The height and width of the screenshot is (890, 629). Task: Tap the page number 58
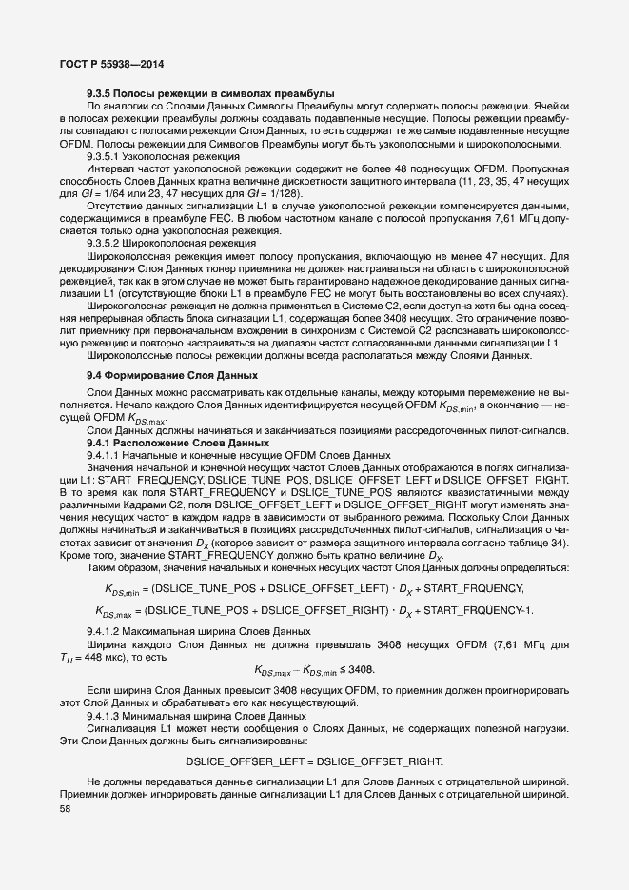point(65,809)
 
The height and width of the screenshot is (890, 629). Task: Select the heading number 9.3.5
point(100,93)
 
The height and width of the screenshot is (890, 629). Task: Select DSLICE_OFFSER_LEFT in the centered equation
point(246,761)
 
